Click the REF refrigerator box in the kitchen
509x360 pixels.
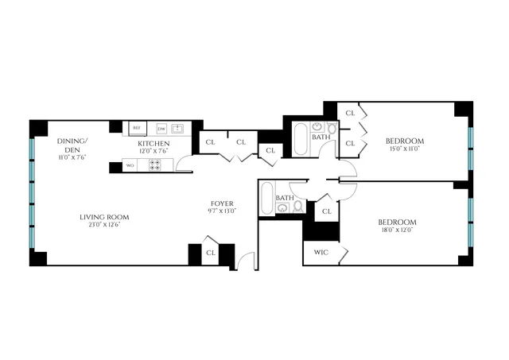pos(136,127)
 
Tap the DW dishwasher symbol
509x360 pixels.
pos(161,128)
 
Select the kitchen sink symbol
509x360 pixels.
pos(178,127)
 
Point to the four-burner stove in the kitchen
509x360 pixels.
pos(155,165)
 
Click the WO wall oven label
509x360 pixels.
pos(130,165)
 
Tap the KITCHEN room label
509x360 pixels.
pos(153,143)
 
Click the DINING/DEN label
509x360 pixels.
pos(72,145)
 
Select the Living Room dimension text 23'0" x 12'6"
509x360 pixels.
pos(104,226)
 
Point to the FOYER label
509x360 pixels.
pos(221,203)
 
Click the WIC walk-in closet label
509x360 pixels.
pos(321,253)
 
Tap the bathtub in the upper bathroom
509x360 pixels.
pos(301,140)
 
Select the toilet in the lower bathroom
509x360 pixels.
pos(298,207)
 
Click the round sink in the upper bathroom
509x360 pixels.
pos(317,127)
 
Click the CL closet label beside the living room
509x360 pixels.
pos(211,253)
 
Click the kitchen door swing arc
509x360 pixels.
pos(184,164)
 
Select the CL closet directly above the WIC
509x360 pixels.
pos(326,212)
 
